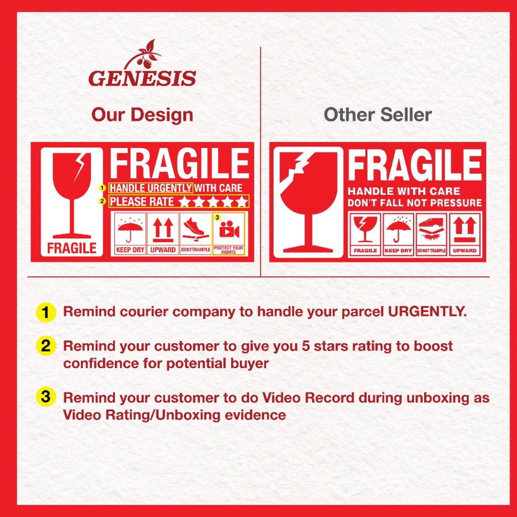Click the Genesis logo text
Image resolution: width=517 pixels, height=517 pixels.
142,78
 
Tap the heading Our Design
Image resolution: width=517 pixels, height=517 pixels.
142,115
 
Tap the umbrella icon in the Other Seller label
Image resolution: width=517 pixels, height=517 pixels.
398,229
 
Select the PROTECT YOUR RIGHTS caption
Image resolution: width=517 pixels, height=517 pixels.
228,249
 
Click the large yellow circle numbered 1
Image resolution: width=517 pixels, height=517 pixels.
45,312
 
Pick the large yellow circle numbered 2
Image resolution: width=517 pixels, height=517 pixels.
45,346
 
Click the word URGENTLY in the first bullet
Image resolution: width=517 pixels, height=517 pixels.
427,312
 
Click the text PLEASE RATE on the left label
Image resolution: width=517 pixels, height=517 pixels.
142,201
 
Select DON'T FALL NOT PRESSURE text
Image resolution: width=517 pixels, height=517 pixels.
415,203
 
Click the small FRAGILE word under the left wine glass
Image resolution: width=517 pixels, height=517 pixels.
72,248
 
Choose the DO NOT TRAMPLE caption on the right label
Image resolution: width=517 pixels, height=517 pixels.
431,250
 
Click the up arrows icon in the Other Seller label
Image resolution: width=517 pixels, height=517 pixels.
464,229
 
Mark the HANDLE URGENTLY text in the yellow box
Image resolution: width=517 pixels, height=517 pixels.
150,188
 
